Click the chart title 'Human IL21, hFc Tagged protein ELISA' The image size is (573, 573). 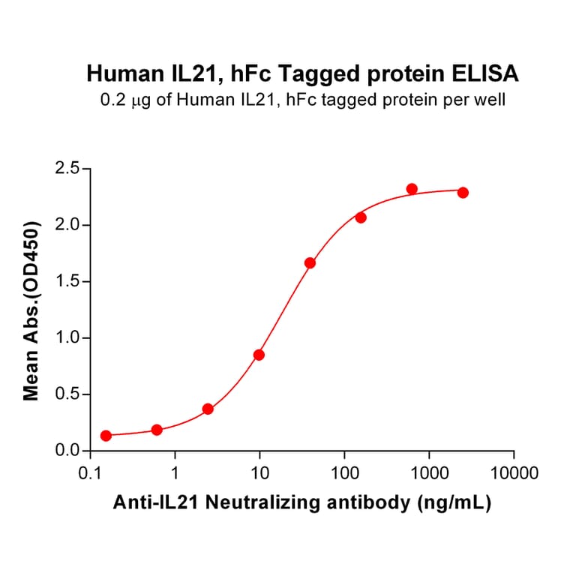(x=303, y=73)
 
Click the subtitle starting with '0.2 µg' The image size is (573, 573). (x=303, y=98)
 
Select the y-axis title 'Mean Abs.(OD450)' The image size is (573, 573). (x=31, y=310)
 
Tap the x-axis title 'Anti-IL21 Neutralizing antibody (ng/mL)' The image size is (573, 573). (x=302, y=504)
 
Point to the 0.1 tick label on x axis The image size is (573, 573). (x=91, y=473)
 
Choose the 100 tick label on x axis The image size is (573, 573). (x=344, y=473)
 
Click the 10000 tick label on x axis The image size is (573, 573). (x=514, y=473)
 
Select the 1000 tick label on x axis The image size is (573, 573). (x=429, y=473)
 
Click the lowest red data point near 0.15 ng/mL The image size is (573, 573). (x=106, y=436)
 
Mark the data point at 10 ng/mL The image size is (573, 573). (x=259, y=355)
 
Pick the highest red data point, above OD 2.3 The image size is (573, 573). (x=412, y=189)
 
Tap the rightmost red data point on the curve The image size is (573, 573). (x=463, y=193)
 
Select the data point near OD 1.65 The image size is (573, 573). (x=310, y=263)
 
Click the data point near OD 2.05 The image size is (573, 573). (x=361, y=217)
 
